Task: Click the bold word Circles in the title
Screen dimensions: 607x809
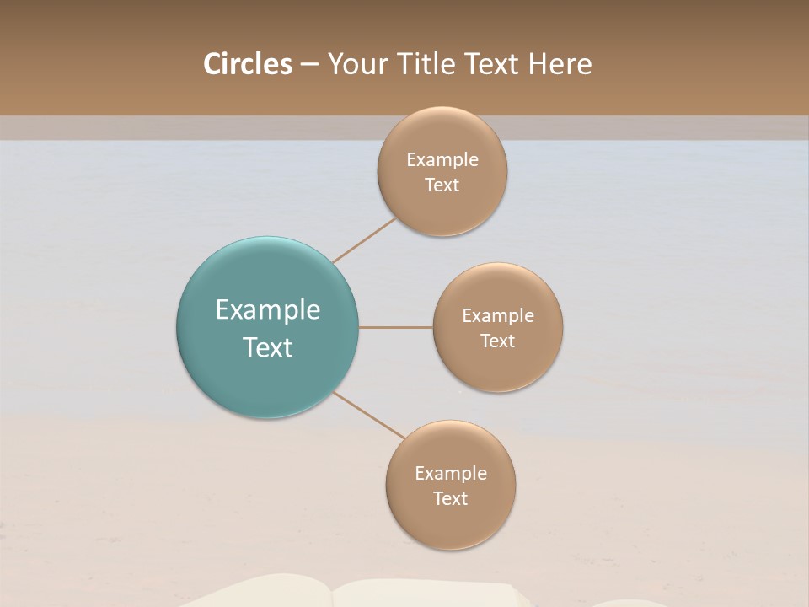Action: pyautogui.click(x=247, y=64)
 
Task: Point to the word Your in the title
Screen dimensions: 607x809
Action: pyautogui.click(x=358, y=64)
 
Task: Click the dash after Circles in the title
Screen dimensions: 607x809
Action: pyautogui.click(x=309, y=65)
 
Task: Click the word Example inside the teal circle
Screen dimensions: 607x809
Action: pyautogui.click(x=267, y=310)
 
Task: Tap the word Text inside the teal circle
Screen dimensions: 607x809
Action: pyautogui.click(x=267, y=347)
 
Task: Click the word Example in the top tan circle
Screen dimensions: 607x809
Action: pyautogui.click(x=442, y=159)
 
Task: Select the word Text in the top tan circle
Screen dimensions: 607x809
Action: pyautogui.click(x=442, y=185)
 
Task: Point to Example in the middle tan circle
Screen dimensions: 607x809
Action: pyautogui.click(x=497, y=315)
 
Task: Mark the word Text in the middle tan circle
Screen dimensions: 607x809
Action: pyautogui.click(x=497, y=341)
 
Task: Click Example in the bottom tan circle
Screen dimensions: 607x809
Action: pyautogui.click(x=450, y=473)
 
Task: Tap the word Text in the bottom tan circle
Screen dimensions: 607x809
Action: pyautogui.click(x=450, y=498)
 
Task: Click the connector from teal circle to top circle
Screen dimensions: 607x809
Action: pyautogui.click(x=364, y=240)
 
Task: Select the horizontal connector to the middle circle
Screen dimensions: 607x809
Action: pyautogui.click(x=395, y=327)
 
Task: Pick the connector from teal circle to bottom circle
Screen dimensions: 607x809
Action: pyautogui.click(x=369, y=415)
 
